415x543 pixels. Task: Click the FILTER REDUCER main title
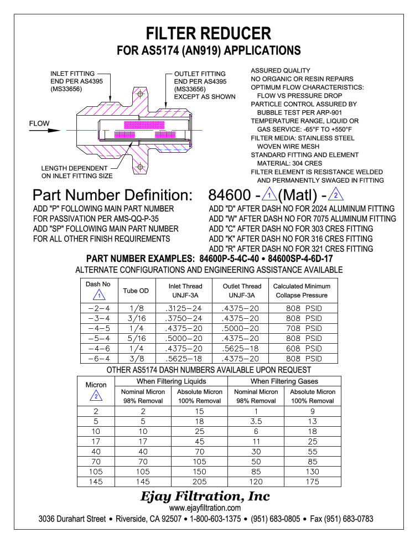tap(209, 33)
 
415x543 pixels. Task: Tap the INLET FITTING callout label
tap(72, 74)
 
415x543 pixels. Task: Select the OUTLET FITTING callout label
tap(200, 74)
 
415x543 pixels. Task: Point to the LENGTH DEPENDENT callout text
tap(75, 168)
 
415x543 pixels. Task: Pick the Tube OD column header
tap(136, 291)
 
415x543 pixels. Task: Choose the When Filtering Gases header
tap(284, 381)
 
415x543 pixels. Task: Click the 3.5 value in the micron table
tap(256, 421)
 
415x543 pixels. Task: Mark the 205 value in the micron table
tap(200, 482)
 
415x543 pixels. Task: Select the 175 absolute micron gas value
tap(313, 482)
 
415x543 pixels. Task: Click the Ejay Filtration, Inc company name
tap(206, 496)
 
